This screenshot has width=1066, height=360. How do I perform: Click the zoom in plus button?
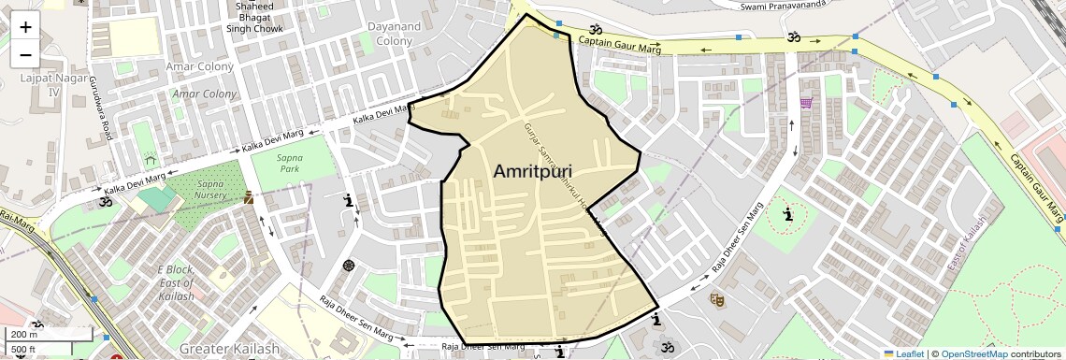point(25,26)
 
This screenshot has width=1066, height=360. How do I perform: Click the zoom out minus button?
point(25,54)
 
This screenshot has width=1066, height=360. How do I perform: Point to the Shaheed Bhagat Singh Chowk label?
point(253,17)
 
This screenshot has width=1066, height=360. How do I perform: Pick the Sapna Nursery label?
point(215,191)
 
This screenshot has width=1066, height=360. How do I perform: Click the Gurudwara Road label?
point(100,109)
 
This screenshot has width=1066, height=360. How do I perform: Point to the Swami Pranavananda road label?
point(785,7)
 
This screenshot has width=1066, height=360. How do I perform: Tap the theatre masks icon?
point(717,299)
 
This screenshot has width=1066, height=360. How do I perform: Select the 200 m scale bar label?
point(24,335)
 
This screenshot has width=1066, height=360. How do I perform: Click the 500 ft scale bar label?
point(23,350)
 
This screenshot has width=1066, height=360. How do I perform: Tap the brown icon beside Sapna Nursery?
point(249,197)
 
